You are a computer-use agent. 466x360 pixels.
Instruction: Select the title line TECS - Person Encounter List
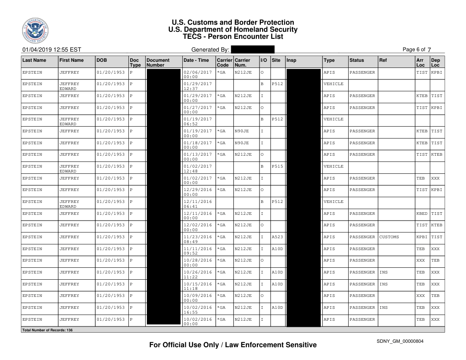pyautogui.click(x=233, y=37)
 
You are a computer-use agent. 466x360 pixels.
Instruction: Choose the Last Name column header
pyautogui.click(x=34, y=60)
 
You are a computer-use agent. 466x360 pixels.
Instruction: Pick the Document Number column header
pyautogui.click(x=158, y=62)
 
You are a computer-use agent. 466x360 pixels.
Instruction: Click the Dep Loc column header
pyautogui.click(x=436, y=62)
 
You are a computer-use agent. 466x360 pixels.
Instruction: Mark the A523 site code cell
pyautogui.click(x=277, y=237)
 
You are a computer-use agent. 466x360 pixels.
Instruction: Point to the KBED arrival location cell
pyautogui.click(x=422, y=214)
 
